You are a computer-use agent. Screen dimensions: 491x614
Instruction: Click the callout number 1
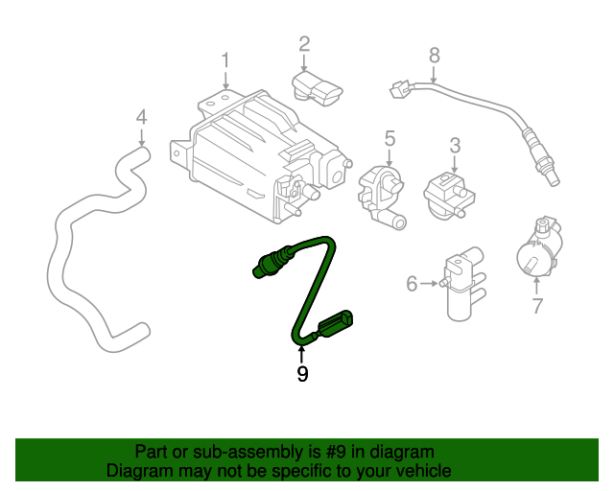225,62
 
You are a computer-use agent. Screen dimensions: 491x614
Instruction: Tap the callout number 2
304,43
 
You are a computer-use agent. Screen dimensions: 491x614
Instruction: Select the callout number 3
455,146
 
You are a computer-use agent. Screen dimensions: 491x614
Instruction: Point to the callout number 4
141,117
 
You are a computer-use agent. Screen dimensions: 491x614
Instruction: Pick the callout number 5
390,139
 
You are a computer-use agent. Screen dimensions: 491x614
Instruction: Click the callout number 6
412,283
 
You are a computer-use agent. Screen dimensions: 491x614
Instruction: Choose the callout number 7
537,307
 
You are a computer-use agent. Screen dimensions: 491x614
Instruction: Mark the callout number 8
434,55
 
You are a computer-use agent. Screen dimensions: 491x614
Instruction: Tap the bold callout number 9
302,374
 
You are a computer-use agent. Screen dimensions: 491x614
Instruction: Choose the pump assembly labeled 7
538,251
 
